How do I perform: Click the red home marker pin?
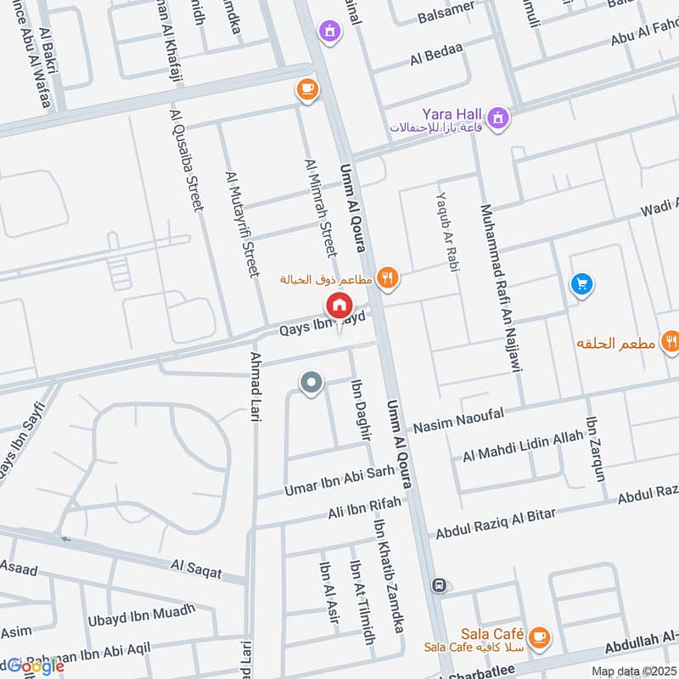[338, 305]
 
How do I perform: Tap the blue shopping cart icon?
[581, 284]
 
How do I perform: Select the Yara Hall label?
[452, 114]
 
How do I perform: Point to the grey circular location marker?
[311, 384]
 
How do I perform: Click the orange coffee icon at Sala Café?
[537, 635]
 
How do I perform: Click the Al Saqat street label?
[195, 568]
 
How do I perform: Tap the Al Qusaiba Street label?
[188, 161]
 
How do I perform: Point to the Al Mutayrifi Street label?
[240, 224]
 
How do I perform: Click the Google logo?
[36, 665]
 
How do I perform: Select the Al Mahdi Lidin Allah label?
[523, 446]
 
